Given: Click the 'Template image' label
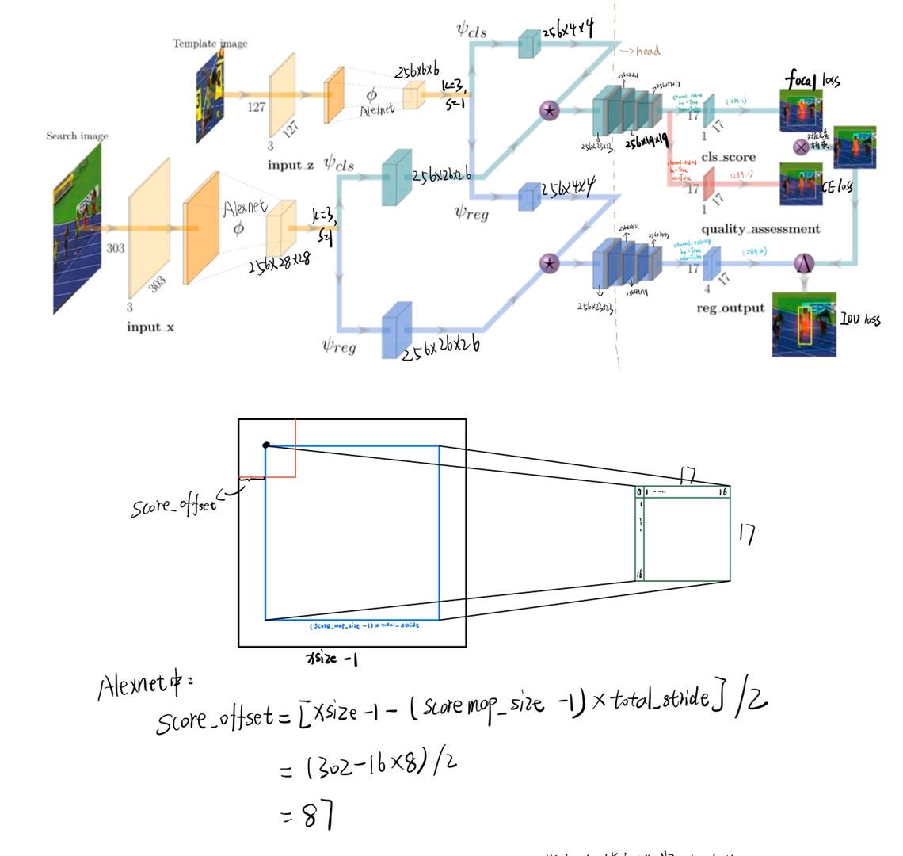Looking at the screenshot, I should click(x=210, y=44).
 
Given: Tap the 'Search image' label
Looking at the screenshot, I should click(x=77, y=136).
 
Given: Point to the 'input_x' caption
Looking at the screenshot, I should click(x=150, y=327).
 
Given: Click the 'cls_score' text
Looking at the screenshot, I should click(x=728, y=157).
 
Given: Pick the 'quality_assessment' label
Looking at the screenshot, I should click(x=760, y=229).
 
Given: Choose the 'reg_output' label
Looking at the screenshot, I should click(x=730, y=308).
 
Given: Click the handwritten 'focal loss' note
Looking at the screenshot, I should click(x=813, y=80).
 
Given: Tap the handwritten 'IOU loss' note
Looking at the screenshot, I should click(x=860, y=320).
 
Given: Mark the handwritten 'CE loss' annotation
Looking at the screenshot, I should click(x=838, y=187).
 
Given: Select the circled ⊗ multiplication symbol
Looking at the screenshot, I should click(x=802, y=147).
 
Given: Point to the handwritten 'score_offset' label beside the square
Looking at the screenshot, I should click(x=173, y=504).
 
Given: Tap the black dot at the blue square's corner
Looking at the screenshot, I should click(x=266, y=445).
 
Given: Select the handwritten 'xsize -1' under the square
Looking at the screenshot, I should click(x=331, y=659).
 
